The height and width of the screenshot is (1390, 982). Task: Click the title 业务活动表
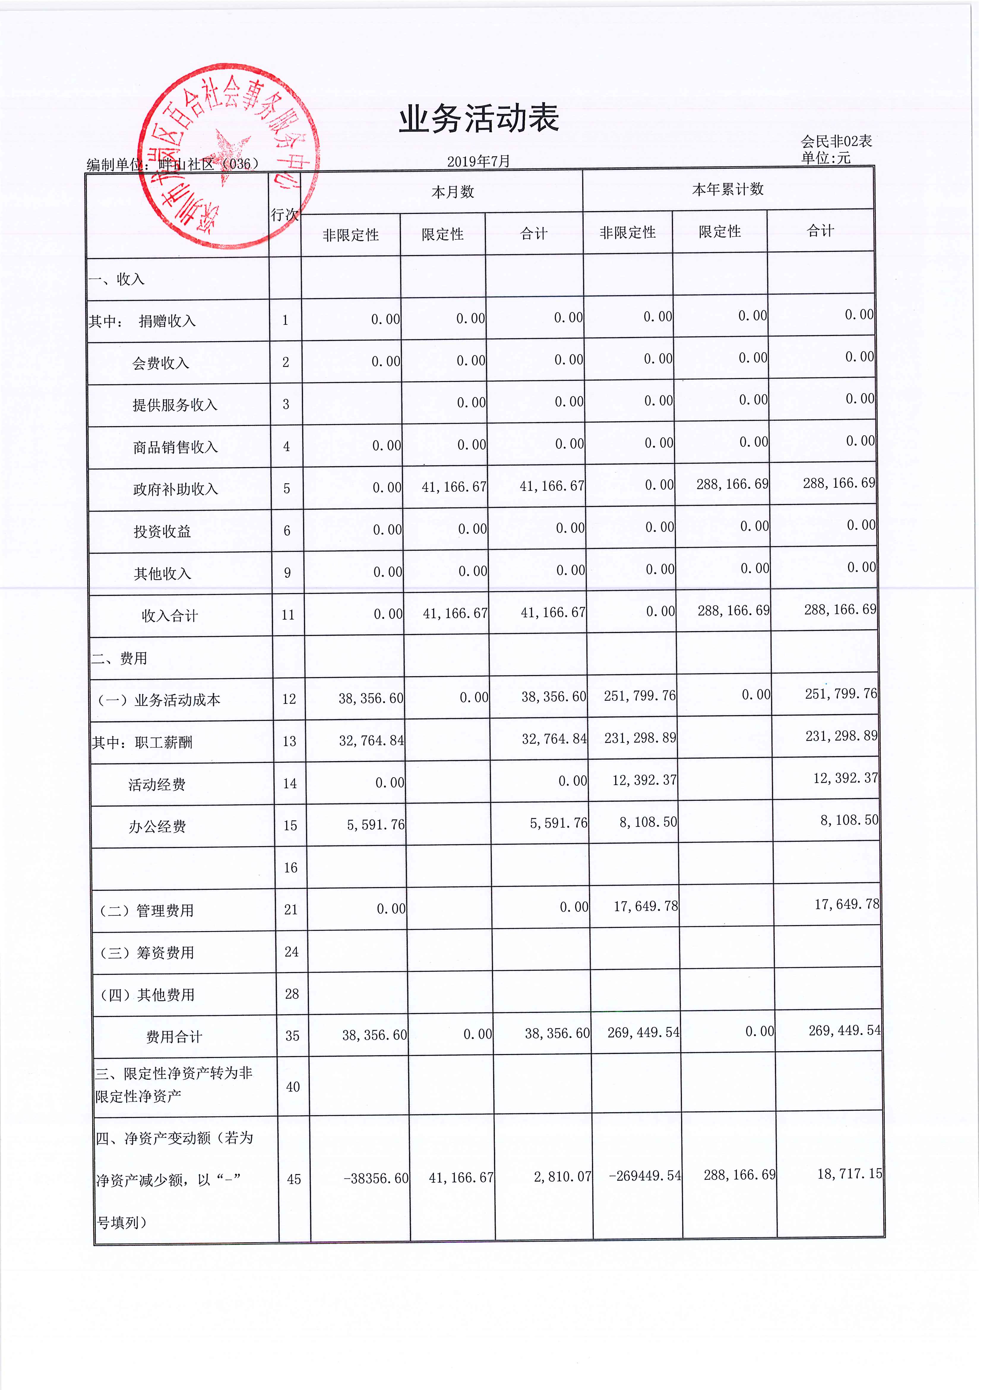[478, 119]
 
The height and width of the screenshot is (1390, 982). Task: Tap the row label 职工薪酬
[163, 742]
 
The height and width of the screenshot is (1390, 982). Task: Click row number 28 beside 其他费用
[292, 994]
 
